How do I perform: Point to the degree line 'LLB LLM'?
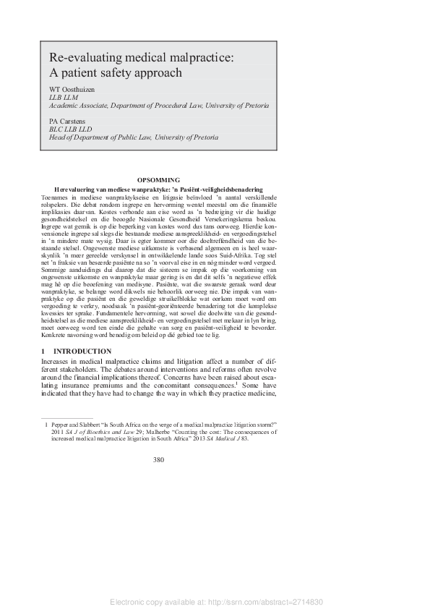pyautogui.click(x=64, y=96)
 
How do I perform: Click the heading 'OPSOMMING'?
pyautogui.click(x=158, y=180)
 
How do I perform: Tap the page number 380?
pyautogui.click(x=159, y=460)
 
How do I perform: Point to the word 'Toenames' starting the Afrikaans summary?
pyautogui.click(x=56, y=196)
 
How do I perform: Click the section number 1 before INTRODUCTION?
pyautogui.click(x=43, y=352)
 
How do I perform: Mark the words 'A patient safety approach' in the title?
pyautogui.click(x=116, y=73)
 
